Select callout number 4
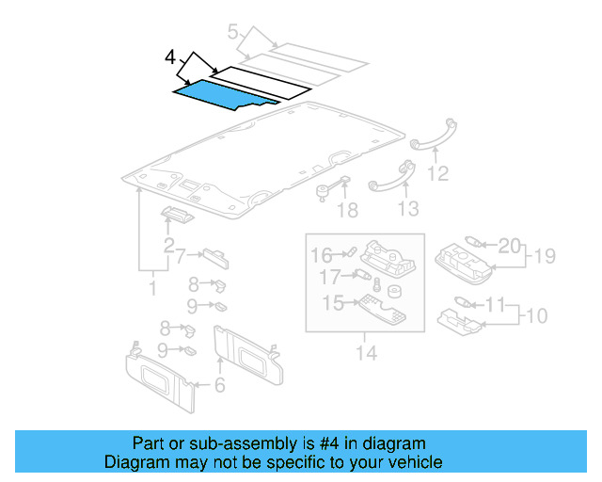click(169, 58)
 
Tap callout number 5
click(233, 33)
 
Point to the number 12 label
click(437, 173)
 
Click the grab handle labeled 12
click(433, 137)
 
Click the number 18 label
click(347, 208)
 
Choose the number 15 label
click(333, 302)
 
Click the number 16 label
click(322, 254)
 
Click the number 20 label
click(508, 246)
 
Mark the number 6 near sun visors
click(219, 384)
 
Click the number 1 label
click(152, 287)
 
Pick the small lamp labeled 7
click(214, 260)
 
